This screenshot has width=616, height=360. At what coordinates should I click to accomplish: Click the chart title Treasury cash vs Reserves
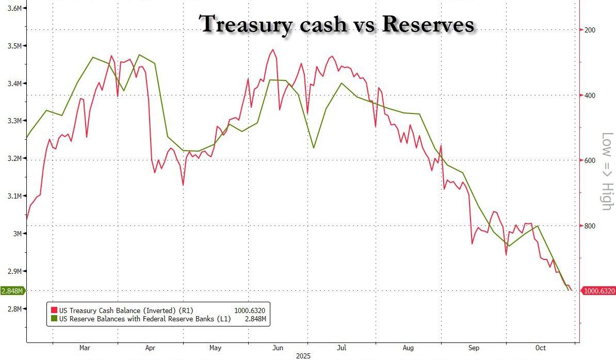click(x=336, y=24)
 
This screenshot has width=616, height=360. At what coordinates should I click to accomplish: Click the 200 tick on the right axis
click(x=589, y=30)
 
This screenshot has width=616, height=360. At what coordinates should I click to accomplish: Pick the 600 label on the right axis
click(x=589, y=160)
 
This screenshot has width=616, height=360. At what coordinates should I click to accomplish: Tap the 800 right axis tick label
click(x=589, y=226)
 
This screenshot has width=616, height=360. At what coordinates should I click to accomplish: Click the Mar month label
click(x=85, y=348)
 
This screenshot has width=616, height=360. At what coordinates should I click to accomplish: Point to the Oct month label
click(x=540, y=348)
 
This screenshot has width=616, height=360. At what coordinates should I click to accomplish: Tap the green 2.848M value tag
click(x=11, y=291)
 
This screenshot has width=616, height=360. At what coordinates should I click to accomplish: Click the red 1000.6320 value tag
click(x=598, y=291)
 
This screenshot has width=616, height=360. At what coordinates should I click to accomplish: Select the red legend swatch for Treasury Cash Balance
click(x=53, y=310)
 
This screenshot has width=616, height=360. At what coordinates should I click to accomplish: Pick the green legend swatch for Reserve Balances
click(x=53, y=319)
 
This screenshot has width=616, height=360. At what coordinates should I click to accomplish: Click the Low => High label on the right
click(x=607, y=171)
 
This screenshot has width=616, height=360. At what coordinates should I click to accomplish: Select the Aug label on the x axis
click(x=408, y=348)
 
